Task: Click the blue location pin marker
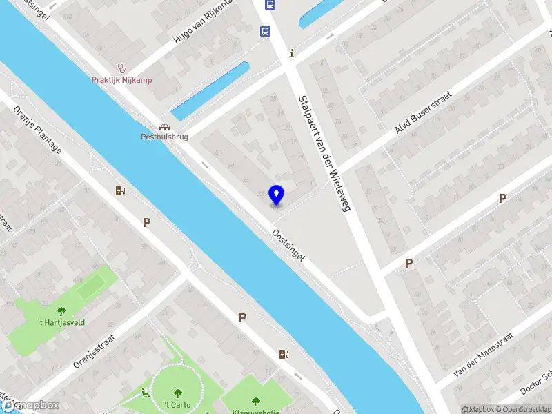276,195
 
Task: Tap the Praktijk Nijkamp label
122,79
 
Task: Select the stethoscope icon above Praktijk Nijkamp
123,68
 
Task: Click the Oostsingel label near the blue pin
288,245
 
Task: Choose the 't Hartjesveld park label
61,322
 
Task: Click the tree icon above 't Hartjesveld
61,311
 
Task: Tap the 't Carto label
177,404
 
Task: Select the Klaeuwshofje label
256,412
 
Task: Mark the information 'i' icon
293,53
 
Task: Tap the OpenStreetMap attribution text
522,409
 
